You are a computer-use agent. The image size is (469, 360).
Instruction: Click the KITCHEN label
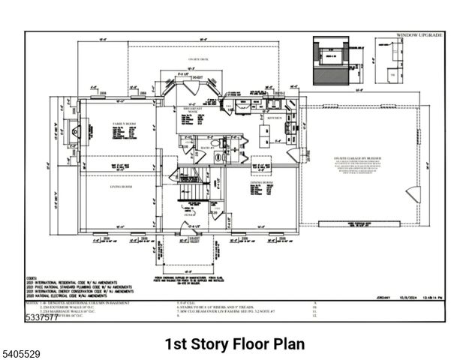click(x=274, y=118)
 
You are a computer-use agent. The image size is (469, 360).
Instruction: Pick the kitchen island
click(x=263, y=136)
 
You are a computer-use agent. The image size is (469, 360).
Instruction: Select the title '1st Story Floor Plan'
click(x=234, y=343)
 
